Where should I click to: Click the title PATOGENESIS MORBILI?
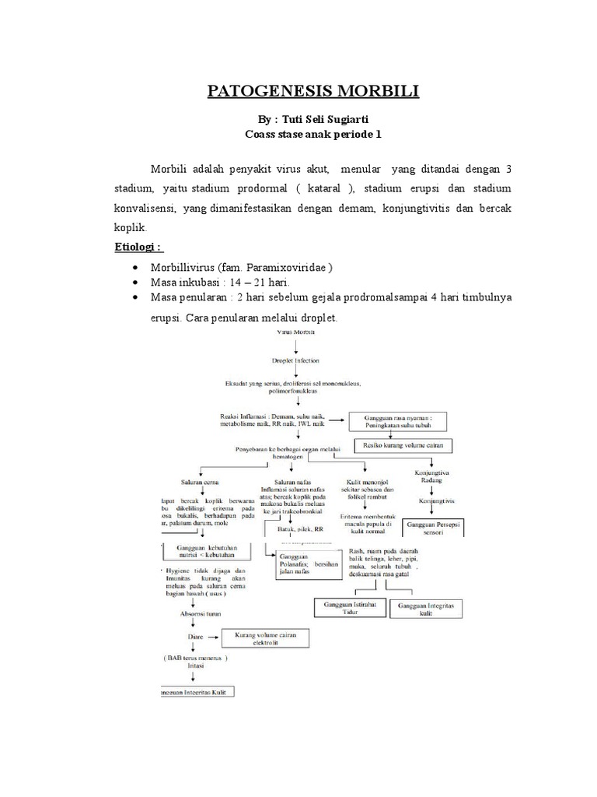[x=312, y=92]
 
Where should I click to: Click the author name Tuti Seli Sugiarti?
[x=329, y=121]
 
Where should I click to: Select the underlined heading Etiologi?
[x=136, y=247]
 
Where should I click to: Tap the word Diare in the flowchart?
[x=196, y=637]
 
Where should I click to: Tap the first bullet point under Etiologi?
[x=135, y=268]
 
